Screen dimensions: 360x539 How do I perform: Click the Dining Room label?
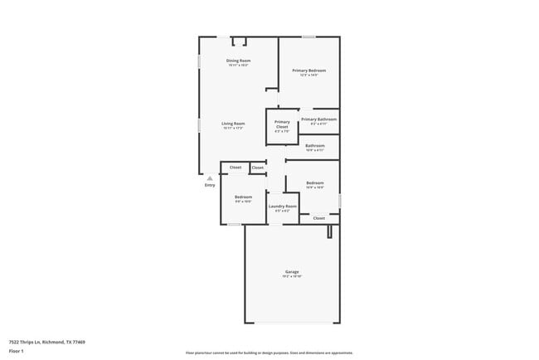[x=239, y=61]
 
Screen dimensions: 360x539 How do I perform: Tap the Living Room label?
[x=234, y=124]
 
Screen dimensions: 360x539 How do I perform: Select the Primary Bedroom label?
[x=308, y=71]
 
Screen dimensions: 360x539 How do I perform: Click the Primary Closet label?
[x=282, y=124]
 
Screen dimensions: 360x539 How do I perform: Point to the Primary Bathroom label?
[x=318, y=119]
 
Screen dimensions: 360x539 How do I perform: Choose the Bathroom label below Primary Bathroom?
[x=314, y=146]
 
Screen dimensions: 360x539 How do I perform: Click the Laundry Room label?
[x=282, y=206]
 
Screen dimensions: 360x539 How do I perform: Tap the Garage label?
[x=292, y=271]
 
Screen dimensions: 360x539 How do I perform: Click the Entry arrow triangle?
[x=210, y=178]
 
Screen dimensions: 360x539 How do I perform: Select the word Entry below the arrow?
[x=210, y=185]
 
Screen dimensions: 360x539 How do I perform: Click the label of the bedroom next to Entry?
[x=243, y=197]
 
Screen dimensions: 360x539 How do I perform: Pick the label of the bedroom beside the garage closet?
[x=314, y=182]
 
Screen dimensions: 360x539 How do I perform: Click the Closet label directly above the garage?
[x=318, y=218]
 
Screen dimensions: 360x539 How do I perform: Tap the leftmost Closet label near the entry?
[x=236, y=168]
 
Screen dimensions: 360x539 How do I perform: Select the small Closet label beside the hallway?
[x=258, y=168]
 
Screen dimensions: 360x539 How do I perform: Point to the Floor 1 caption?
[x=17, y=351]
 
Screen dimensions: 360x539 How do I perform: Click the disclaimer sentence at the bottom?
[x=269, y=352]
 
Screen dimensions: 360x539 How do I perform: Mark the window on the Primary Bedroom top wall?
[x=308, y=36]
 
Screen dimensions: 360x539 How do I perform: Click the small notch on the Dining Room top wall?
[x=239, y=41]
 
